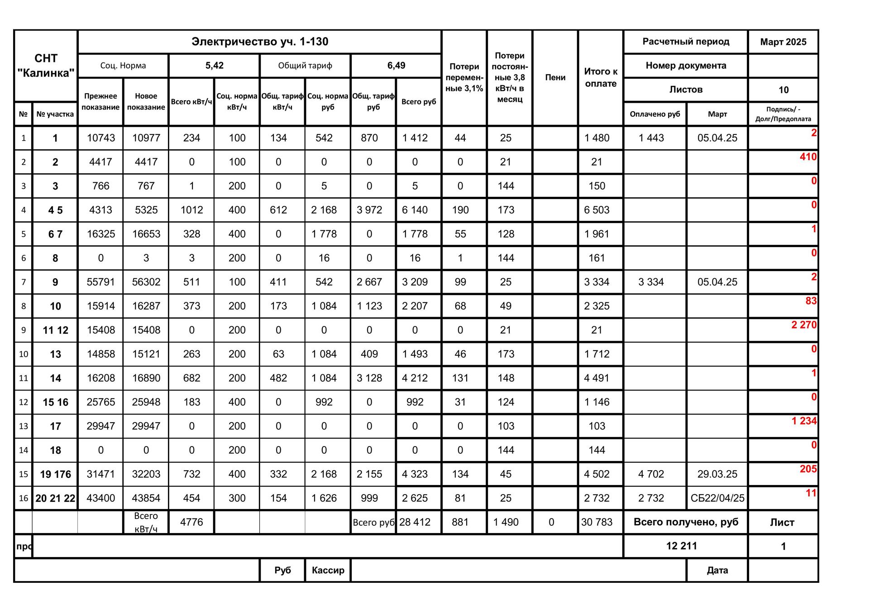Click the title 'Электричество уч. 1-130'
click(x=259, y=42)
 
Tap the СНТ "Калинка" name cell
click(x=46, y=66)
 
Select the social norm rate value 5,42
click(x=214, y=66)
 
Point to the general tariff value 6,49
click(x=396, y=66)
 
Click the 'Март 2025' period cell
click(x=783, y=42)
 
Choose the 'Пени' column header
click(x=555, y=77)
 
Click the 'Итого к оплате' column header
click(x=601, y=77)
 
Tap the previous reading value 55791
click(x=100, y=282)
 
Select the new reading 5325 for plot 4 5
click(x=146, y=210)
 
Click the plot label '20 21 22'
click(x=55, y=498)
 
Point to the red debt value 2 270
click(x=804, y=325)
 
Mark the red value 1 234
click(x=804, y=421)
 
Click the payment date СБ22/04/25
click(x=717, y=498)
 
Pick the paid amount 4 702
click(x=651, y=474)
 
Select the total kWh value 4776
click(x=191, y=522)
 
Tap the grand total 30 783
click(x=597, y=522)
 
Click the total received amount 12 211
click(x=681, y=546)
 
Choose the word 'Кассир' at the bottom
click(x=328, y=570)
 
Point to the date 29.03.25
click(x=717, y=474)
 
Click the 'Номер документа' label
click(x=686, y=66)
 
